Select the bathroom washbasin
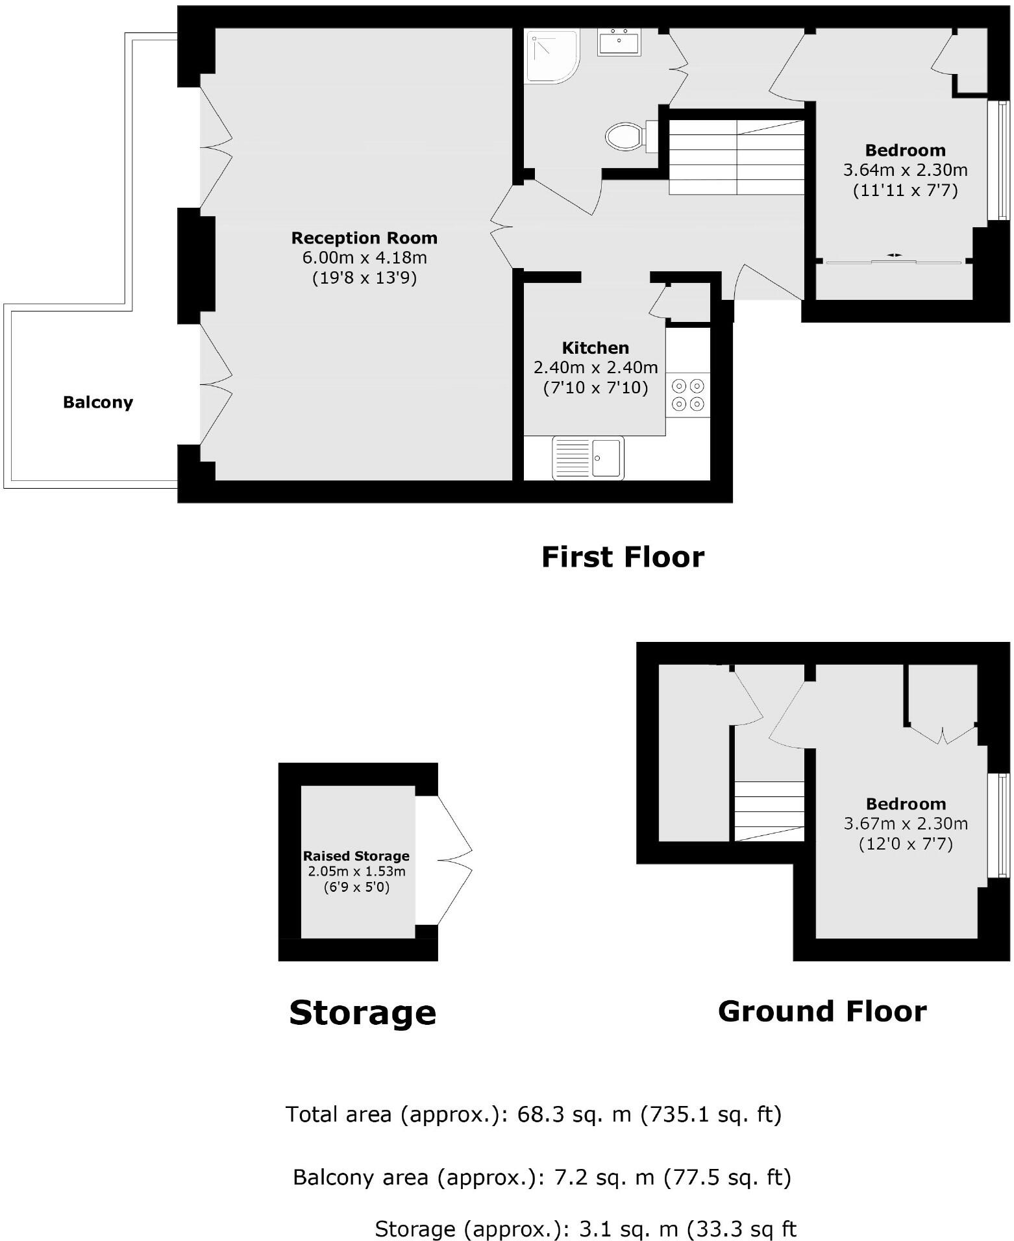click(x=619, y=42)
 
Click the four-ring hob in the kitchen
click(x=688, y=394)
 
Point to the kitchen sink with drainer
click(x=587, y=458)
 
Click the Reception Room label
click(x=364, y=238)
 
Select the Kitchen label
click(x=595, y=347)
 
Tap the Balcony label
click(x=98, y=402)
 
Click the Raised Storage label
click(x=356, y=855)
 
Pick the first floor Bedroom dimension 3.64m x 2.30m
click(x=905, y=170)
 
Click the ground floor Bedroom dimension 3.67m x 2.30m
click(x=906, y=824)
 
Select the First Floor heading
click(x=623, y=557)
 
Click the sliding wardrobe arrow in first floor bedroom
click(x=895, y=255)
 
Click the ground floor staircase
click(x=769, y=811)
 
